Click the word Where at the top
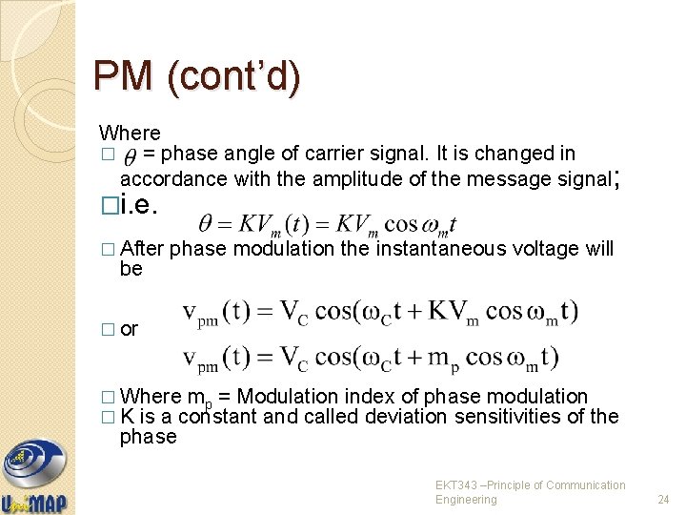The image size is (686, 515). (130, 134)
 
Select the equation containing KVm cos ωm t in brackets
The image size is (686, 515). (380, 314)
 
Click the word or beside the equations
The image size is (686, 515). (130, 329)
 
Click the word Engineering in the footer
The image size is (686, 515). (467, 500)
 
